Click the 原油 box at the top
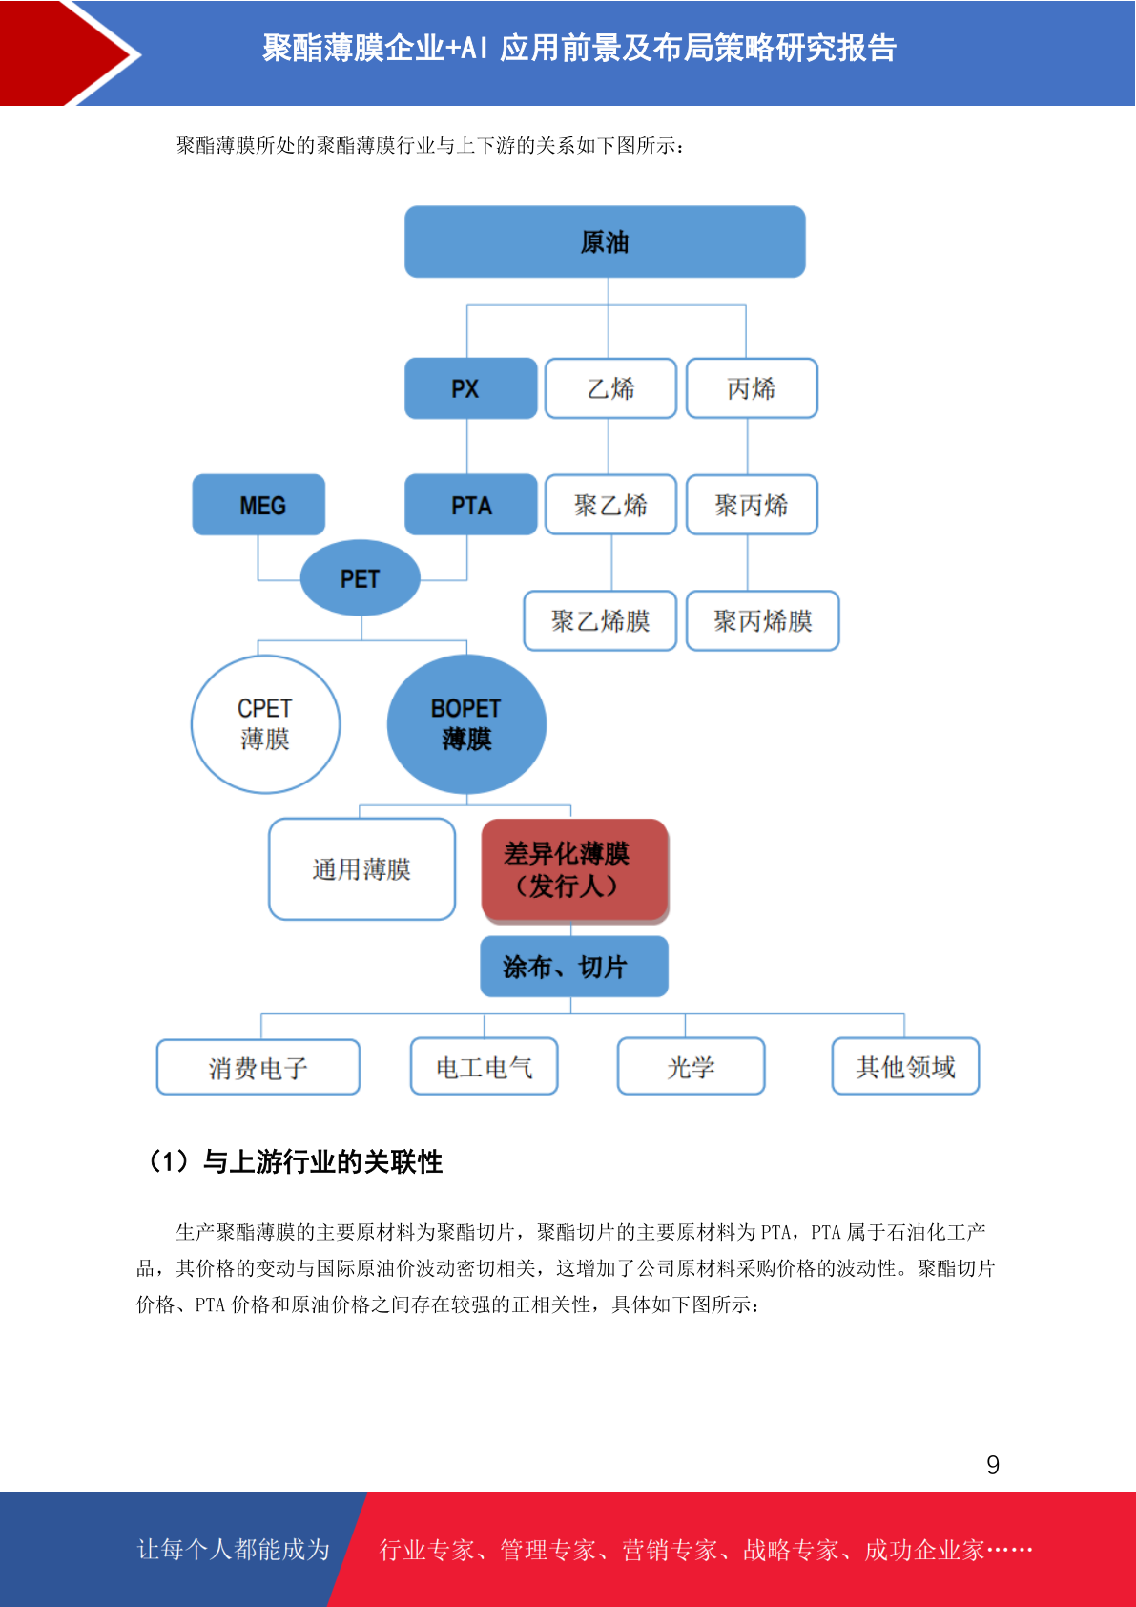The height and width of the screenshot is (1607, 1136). (605, 241)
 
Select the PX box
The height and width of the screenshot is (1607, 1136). (470, 388)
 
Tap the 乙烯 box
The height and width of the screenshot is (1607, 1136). (610, 388)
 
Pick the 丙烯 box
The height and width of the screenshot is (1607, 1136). (752, 388)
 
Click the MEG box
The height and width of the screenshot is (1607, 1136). (258, 505)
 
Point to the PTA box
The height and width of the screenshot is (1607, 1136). (470, 505)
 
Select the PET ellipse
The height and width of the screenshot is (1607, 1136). (360, 577)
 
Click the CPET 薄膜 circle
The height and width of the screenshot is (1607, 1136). (265, 724)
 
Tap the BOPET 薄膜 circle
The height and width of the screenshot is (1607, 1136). (466, 724)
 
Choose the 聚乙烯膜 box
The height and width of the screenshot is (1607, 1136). (600, 620)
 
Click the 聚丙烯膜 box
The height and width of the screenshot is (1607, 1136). (762, 620)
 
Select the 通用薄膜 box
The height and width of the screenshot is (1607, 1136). (361, 868)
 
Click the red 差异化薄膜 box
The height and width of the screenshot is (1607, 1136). (575, 870)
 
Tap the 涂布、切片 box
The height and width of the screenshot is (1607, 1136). (574, 967)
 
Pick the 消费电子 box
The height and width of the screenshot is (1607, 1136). (258, 1067)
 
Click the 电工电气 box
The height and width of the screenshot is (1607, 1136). (485, 1066)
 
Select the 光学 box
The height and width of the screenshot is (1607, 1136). (691, 1066)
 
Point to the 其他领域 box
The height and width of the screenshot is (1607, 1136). (905, 1066)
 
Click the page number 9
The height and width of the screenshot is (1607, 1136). (993, 1464)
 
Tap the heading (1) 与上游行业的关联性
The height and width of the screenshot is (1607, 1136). (294, 1161)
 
